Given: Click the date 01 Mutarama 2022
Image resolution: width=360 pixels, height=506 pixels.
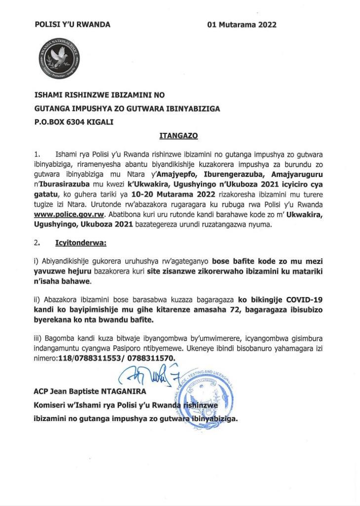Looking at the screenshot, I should click(241, 25).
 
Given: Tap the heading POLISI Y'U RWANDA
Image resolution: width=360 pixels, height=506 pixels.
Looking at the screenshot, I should click(72, 25).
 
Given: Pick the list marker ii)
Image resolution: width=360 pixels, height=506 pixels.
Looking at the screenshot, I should click(36, 300).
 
